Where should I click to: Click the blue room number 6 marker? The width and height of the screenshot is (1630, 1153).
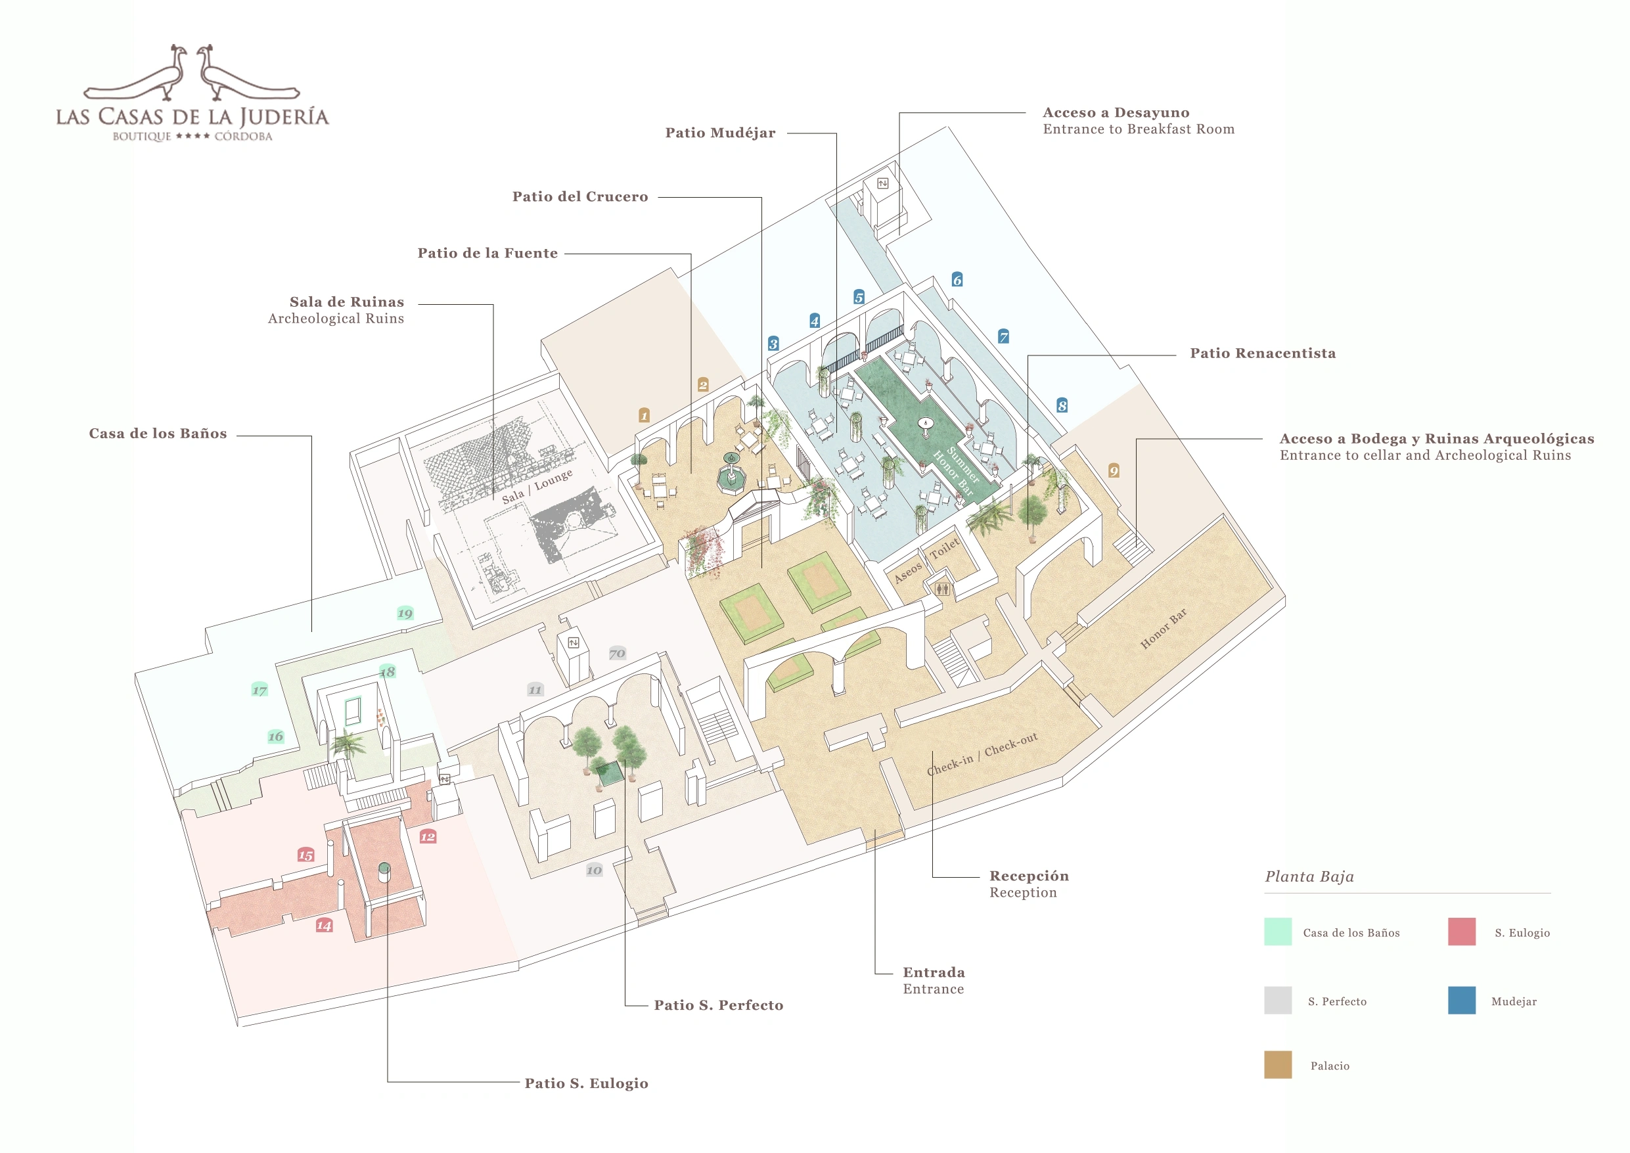[957, 280]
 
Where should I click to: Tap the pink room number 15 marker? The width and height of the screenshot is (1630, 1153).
[306, 855]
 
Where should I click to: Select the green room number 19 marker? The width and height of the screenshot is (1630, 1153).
[405, 614]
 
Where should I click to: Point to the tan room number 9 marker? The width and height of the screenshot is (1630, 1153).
[1114, 470]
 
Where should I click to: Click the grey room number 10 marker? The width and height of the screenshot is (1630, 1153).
[594, 870]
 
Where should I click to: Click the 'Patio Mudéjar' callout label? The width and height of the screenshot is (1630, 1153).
[720, 133]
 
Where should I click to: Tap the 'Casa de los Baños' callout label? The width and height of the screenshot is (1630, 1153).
[158, 434]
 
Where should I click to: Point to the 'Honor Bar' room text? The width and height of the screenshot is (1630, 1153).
[1163, 629]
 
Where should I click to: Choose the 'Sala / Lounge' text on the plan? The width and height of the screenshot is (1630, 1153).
[537, 487]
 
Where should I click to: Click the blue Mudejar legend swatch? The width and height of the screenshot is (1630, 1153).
[1462, 1001]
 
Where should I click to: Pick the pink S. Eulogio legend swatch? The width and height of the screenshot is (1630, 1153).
[1462, 932]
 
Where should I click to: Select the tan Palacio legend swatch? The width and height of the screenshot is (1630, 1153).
[1278, 1065]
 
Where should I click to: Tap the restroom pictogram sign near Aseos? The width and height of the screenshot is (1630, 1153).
[942, 589]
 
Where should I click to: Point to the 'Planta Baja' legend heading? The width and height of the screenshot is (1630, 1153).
[1309, 877]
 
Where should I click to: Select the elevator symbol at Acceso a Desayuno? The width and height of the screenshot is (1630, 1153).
[882, 184]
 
